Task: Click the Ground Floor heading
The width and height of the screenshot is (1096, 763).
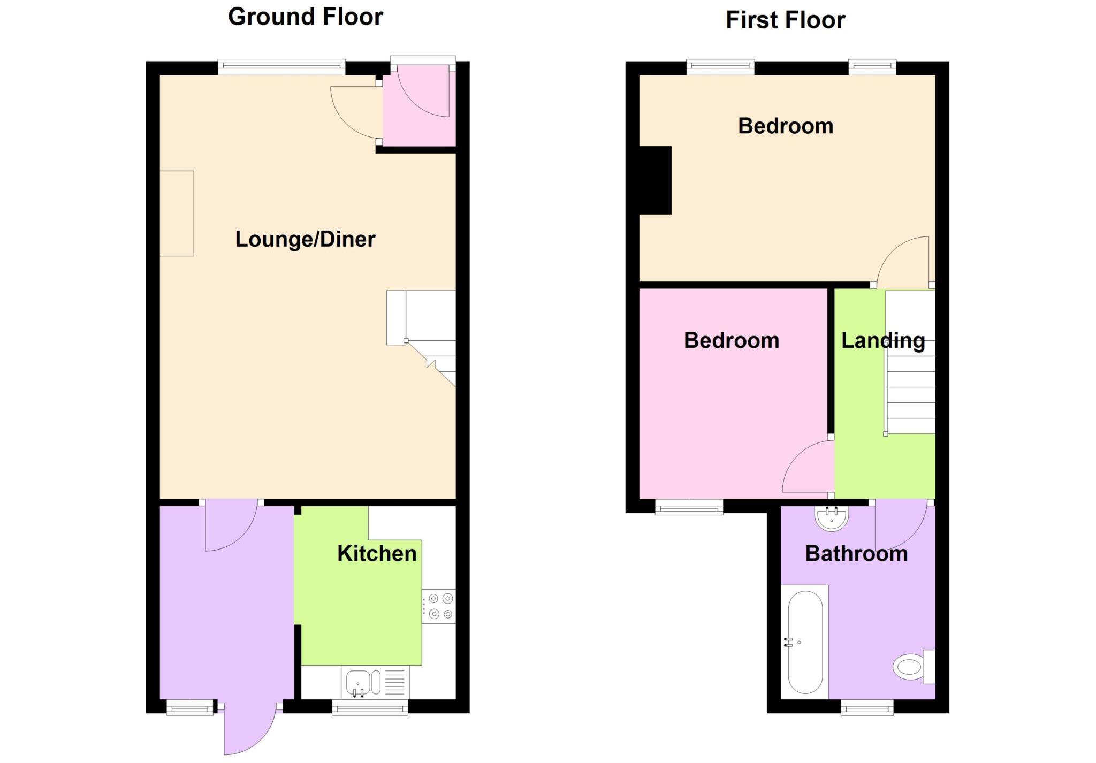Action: (x=305, y=17)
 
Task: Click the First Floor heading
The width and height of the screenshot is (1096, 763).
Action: (x=785, y=20)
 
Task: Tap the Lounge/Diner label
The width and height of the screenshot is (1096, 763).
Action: (x=305, y=239)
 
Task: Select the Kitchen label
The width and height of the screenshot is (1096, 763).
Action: (x=377, y=553)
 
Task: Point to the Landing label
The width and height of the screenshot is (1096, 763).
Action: (x=883, y=340)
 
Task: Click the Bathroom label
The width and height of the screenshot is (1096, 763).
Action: (x=856, y=553)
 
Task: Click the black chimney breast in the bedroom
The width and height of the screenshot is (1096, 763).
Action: (x=656, y=180)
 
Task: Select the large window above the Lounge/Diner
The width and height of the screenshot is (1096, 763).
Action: (x=281, y=66)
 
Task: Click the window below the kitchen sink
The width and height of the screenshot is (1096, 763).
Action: (x=370, y=708)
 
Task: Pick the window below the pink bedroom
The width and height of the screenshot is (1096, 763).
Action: (x=689, y=507)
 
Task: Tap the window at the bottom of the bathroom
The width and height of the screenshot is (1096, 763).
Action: (x=867, y=708)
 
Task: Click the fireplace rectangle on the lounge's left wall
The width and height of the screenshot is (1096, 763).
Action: (x=177, y=213)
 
